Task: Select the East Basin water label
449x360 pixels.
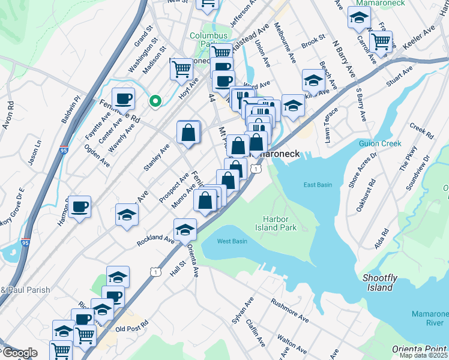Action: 318,185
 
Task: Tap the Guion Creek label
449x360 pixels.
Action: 379,143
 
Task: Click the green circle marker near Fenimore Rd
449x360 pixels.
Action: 155,101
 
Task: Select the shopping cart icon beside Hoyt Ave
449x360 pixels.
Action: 181,69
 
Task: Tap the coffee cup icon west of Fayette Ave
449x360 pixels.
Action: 124,98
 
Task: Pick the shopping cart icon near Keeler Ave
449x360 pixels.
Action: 381,41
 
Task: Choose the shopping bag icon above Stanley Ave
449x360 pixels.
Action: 188,132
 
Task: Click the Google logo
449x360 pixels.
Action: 19,353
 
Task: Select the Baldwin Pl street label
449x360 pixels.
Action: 70,110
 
